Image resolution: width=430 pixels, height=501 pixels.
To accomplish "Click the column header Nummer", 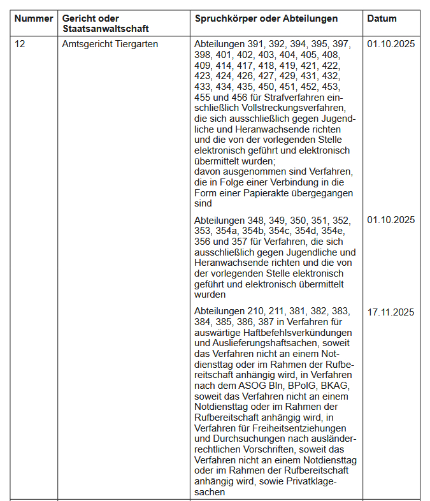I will point(33,18).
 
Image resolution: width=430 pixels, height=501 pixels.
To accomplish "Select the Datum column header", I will point(382,18).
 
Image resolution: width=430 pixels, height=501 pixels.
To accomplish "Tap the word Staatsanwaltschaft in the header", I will point(105,29).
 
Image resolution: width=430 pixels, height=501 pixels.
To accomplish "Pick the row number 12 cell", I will point(20,44).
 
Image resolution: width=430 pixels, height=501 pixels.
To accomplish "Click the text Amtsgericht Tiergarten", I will point(110,44).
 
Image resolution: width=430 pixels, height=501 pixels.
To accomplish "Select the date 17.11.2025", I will point(391,312).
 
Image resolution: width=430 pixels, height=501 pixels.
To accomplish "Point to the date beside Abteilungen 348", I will point(391,220).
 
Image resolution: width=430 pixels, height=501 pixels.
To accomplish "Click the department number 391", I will point(256,44).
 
